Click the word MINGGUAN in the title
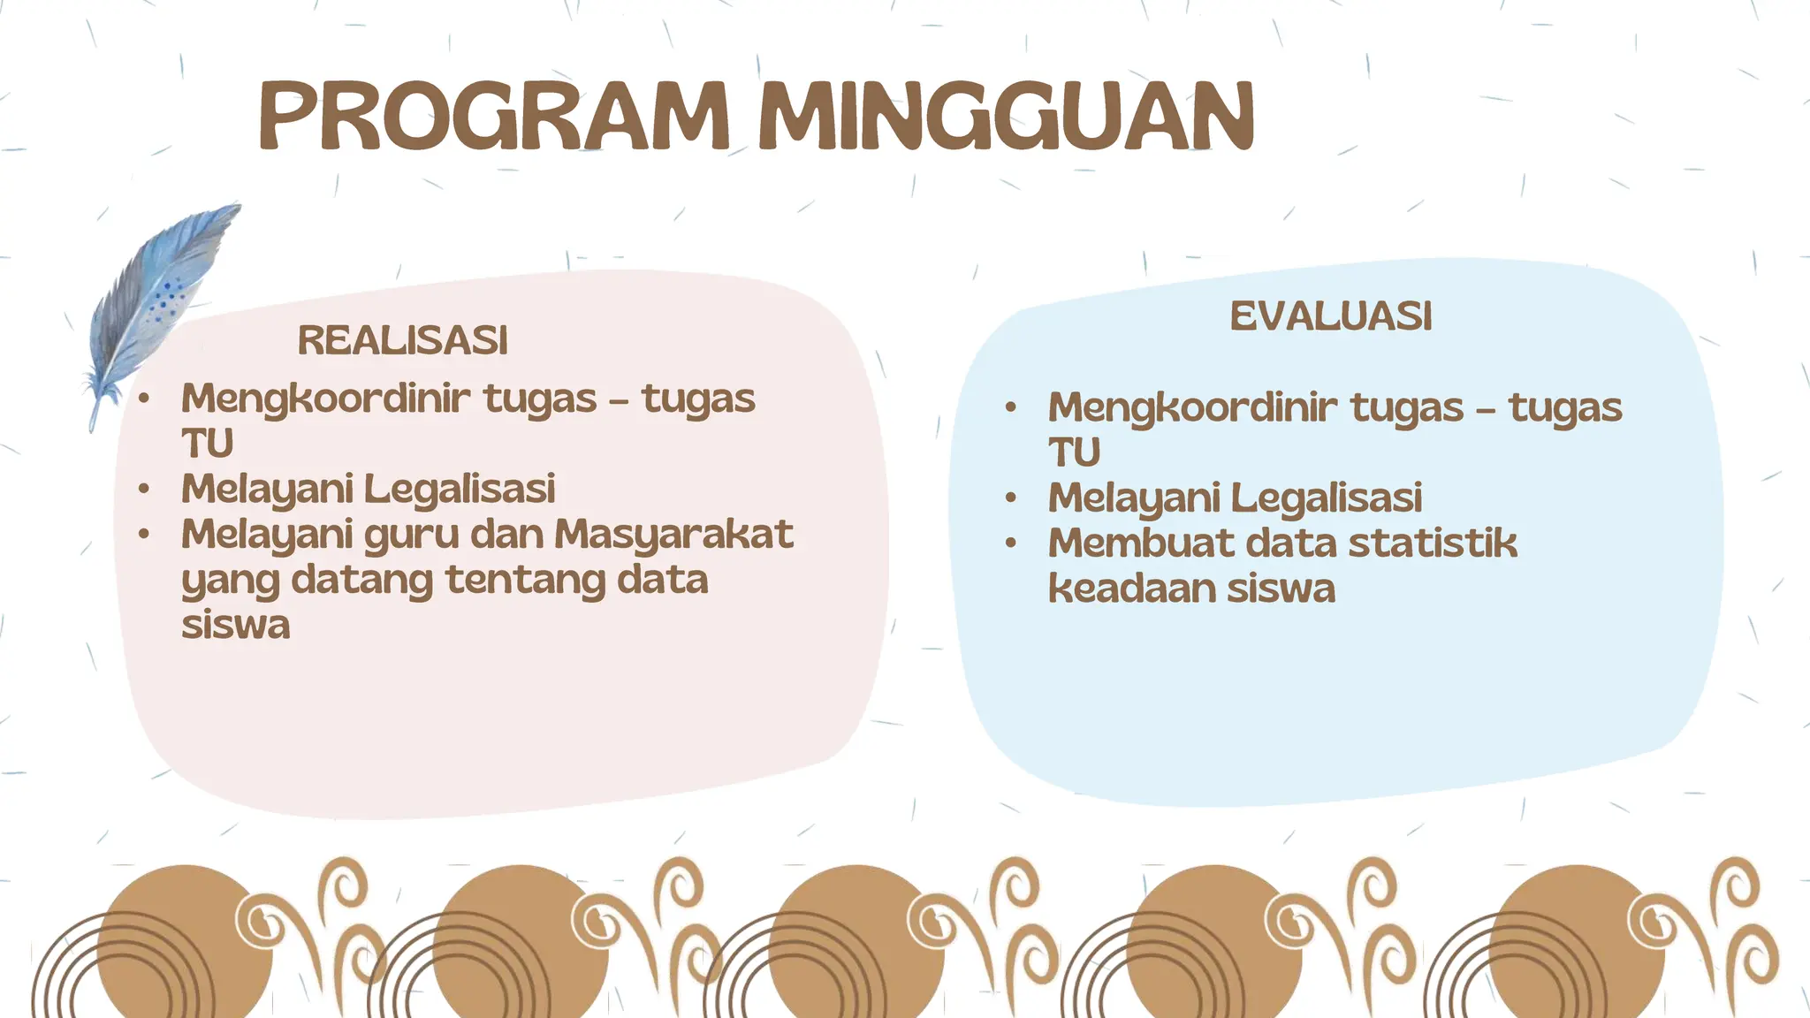click(x=1007, y=117)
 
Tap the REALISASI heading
click(x=402, y=340)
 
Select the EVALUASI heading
click(x=1330, y=316)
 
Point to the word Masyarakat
click(x=673, y=534)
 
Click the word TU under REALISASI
click(x=207, y=444)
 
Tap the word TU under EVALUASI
click(x=1074, y=452)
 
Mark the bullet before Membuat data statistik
click(x=1011, y=543)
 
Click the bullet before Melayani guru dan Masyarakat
click(x=144, y=534)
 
